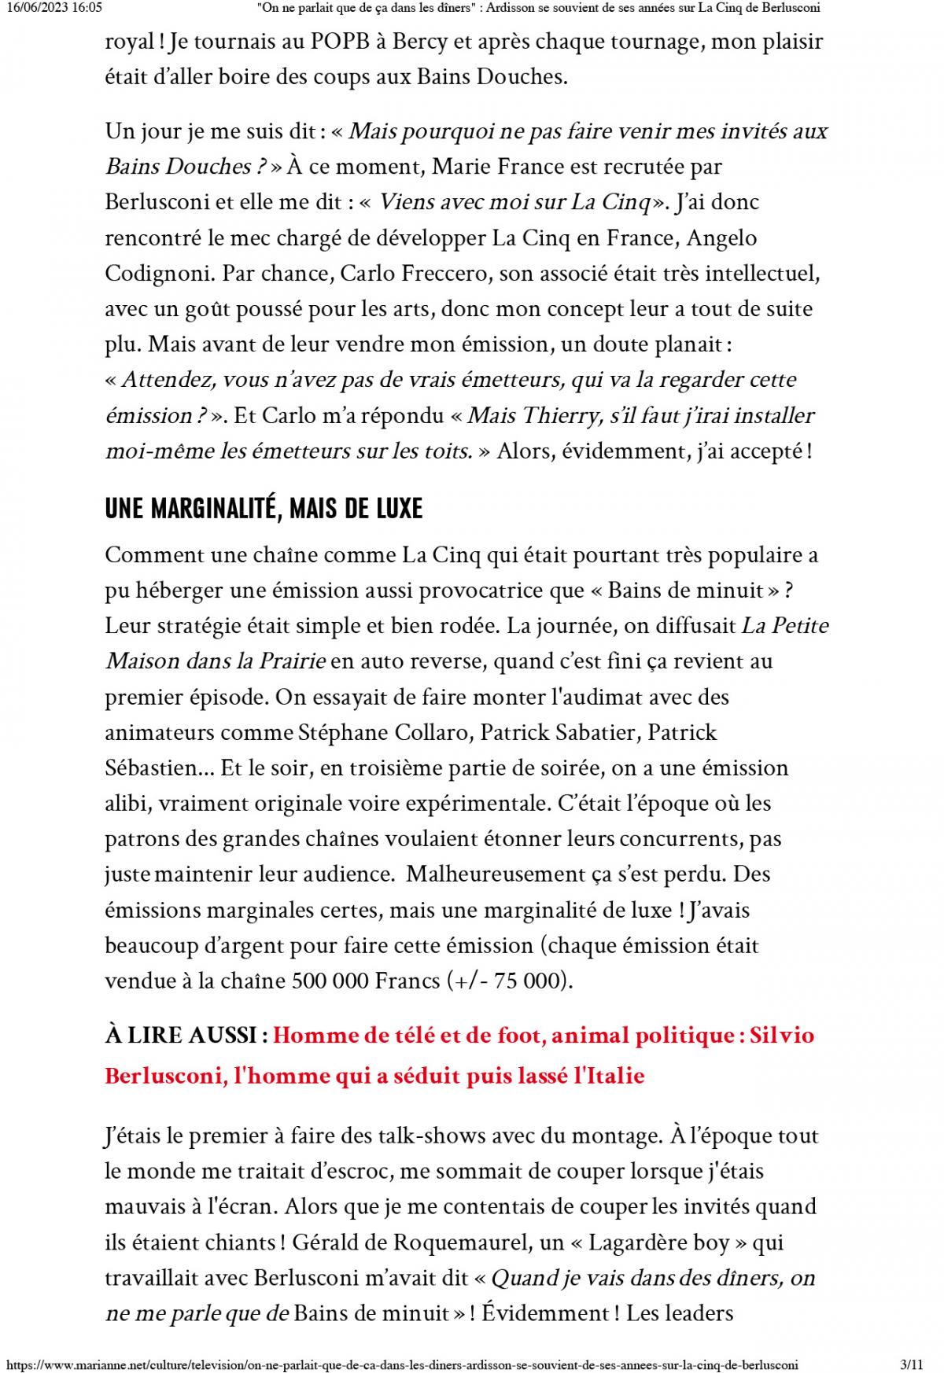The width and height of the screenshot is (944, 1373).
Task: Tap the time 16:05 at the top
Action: pos(87,8)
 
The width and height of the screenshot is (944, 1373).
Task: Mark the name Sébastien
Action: pos(155,768)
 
